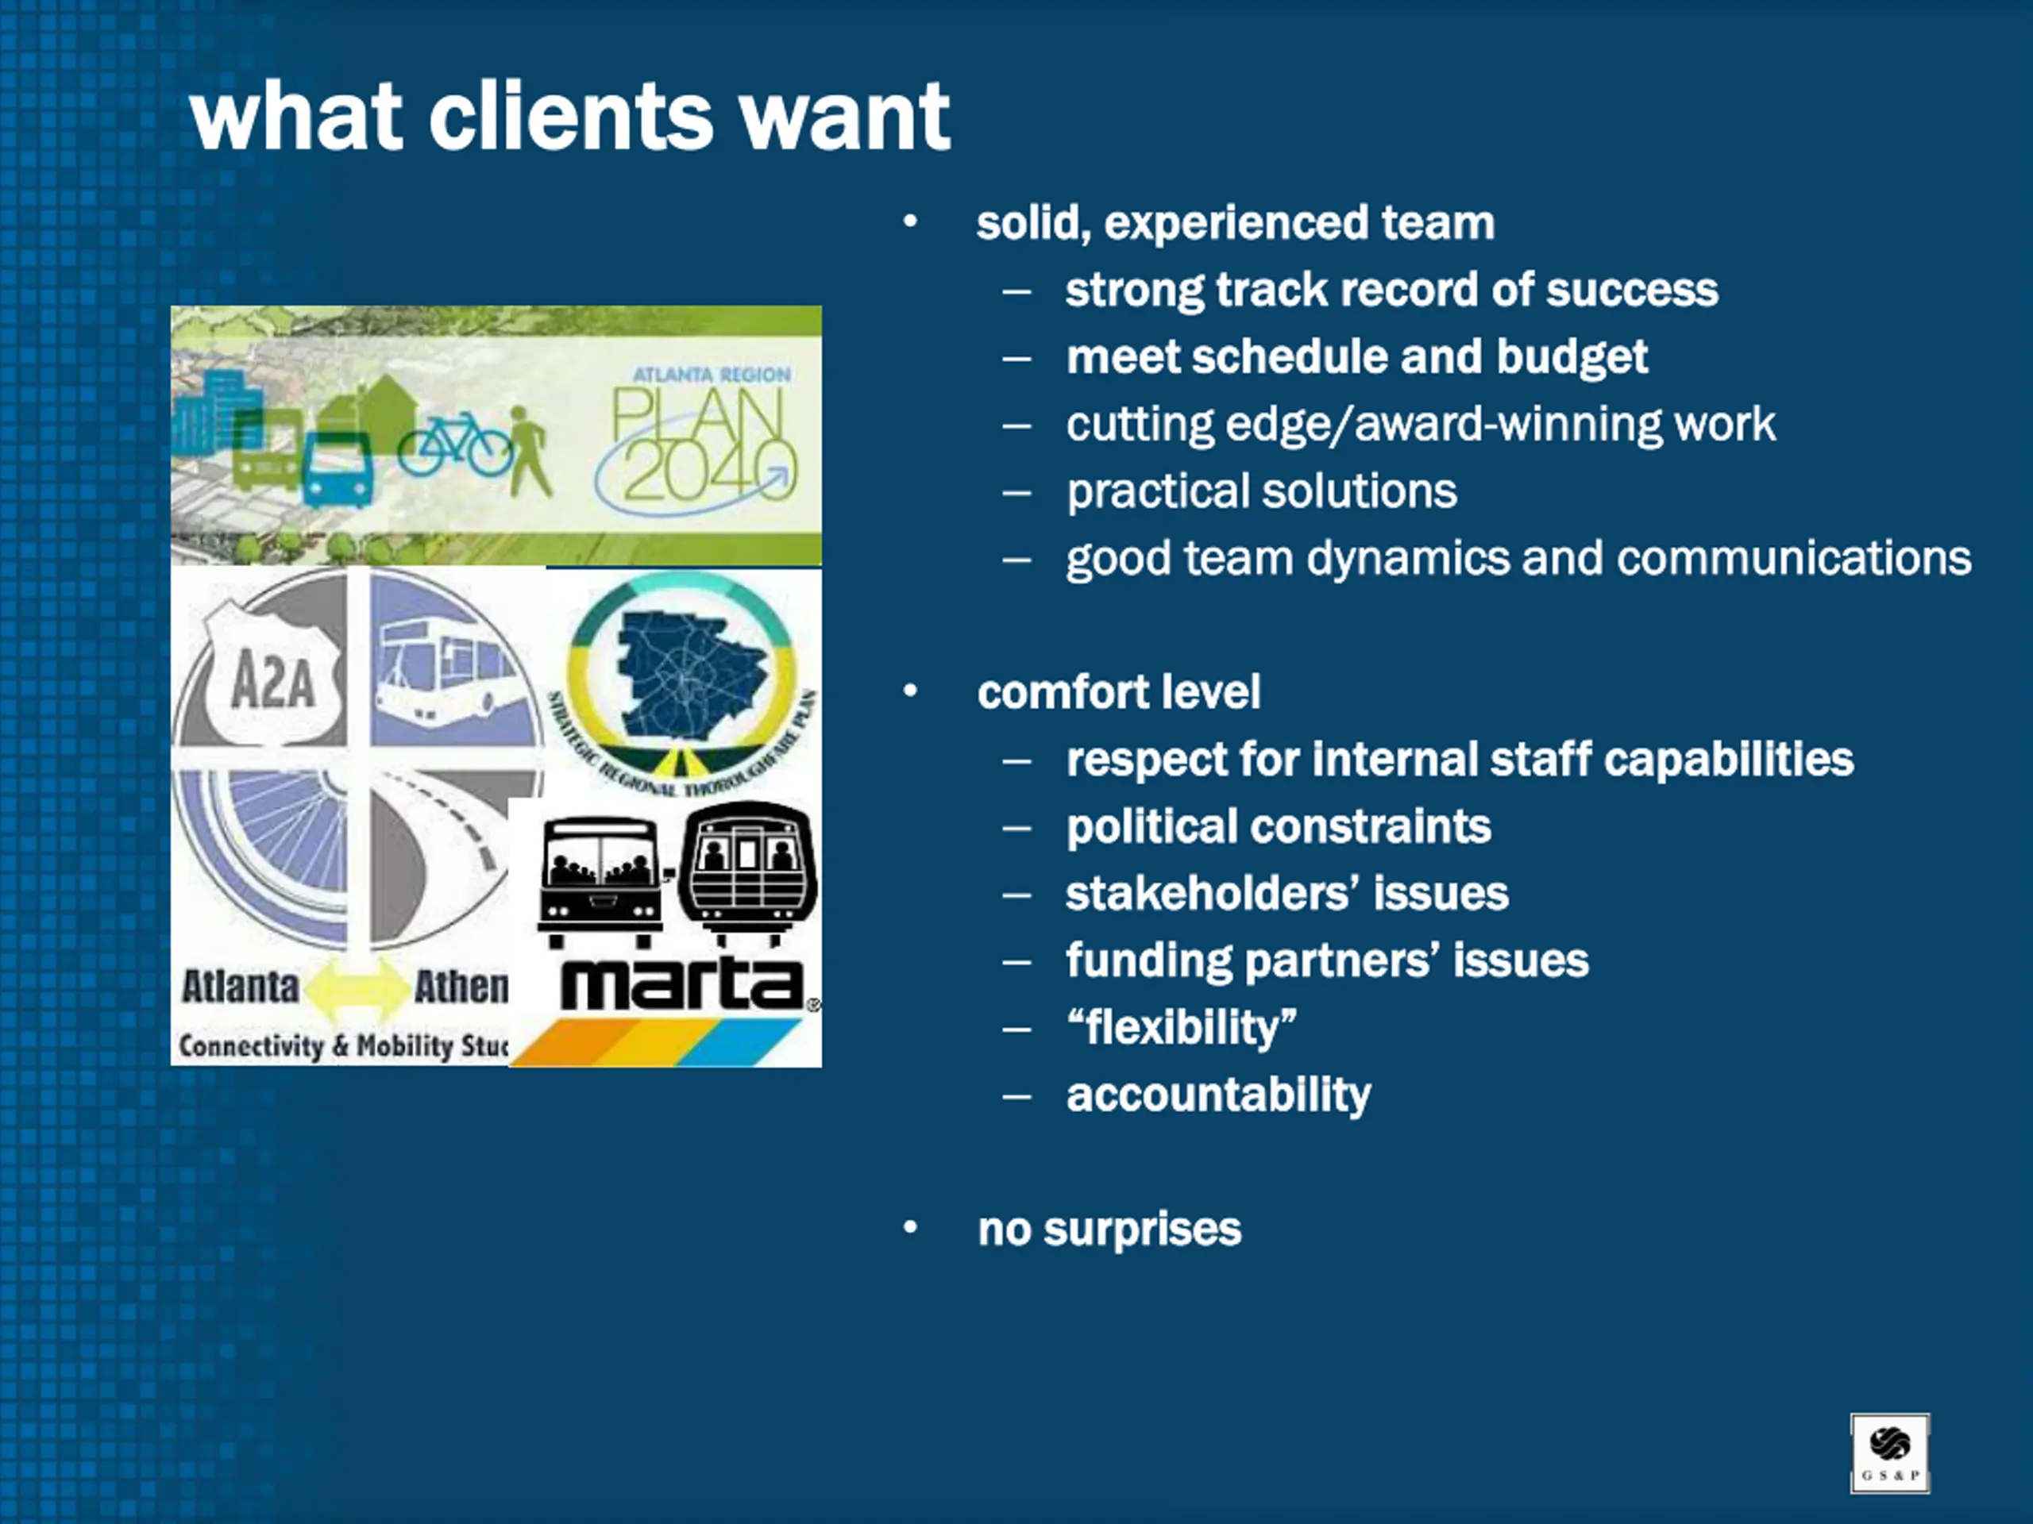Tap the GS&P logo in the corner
pyautogui.click(x=1888, y=1453)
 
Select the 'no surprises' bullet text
pyautogui.click(x=1109, y=1229)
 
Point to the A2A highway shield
pyautogui.click(x=272, y=679)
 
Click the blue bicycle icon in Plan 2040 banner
pyautogui.click(x=455, y=444)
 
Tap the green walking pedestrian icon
pyautogui.click(x=528, y=450)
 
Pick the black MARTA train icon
pyautogui.click(x=747, y=871)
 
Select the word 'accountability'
pyautogui.click(x=1217, y=1094)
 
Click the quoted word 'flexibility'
pyautogui.click(x=1181, y=1027)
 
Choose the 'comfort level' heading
pyautogui.click(x=1117, y=691)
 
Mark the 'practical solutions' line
pyautogui.click(x=1261, y=491)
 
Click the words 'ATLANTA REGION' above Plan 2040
pyautogui.click(x=712, y=375)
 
